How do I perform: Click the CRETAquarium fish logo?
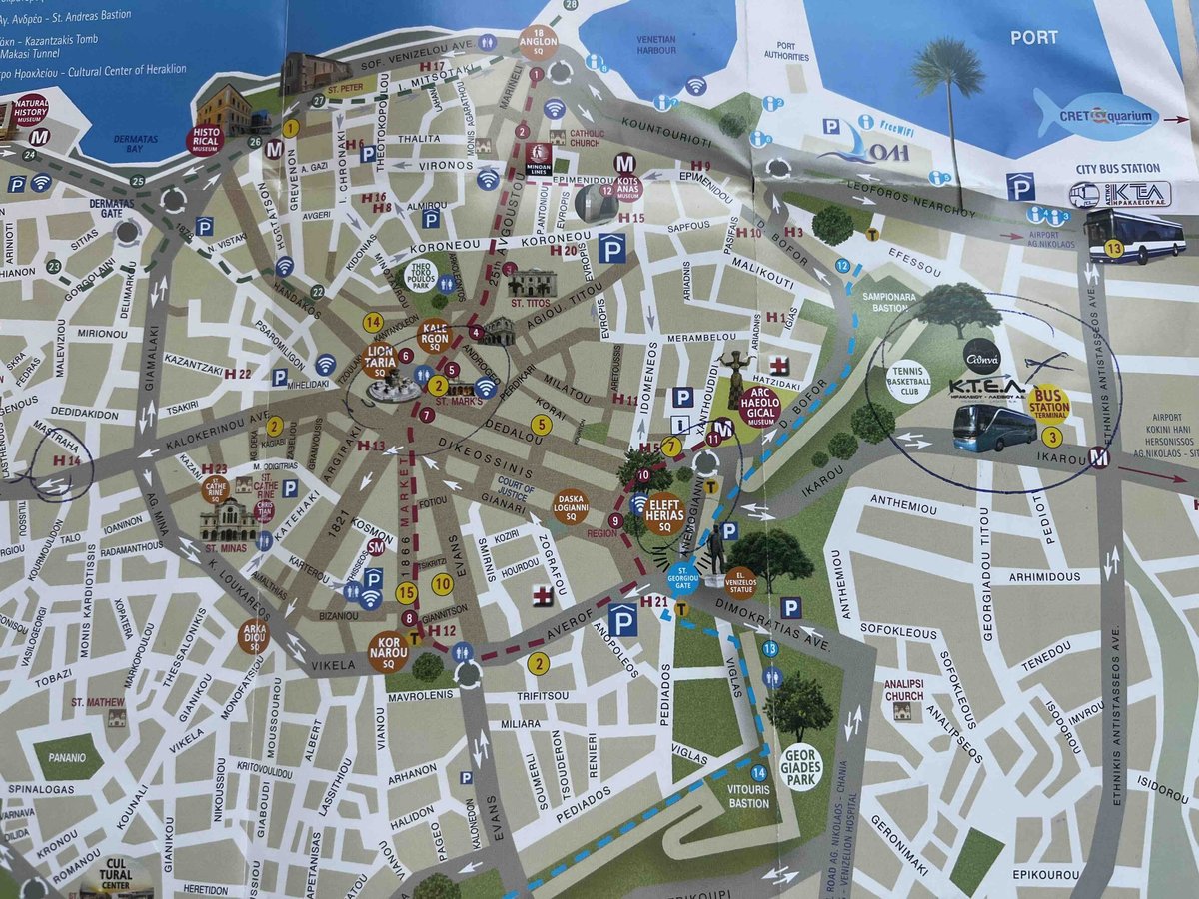pos(1096,117)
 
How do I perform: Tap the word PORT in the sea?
pos(1034,38)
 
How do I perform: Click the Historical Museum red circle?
pos(204,141)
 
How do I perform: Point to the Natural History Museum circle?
pos(31,108)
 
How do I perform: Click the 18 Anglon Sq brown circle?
pos(538,43)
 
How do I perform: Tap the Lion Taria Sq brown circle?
pos(381,359)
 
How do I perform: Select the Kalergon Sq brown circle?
pos(435,336)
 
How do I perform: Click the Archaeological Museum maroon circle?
pos(759,407)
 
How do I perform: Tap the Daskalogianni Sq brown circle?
pos(572,505)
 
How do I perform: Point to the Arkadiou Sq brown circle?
pos(253,636)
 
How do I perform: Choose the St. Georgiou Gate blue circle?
pos(682,577)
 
